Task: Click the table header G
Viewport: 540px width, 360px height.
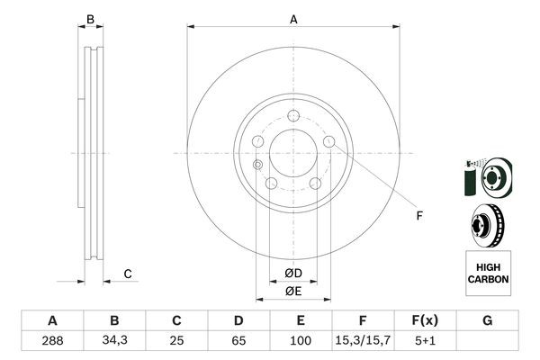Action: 487,320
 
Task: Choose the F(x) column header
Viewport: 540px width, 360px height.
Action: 425,320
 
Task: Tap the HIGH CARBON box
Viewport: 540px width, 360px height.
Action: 488,274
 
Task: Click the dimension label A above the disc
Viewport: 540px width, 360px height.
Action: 293,18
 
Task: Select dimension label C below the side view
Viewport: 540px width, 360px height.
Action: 128,273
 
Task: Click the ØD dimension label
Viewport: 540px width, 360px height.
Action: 293,273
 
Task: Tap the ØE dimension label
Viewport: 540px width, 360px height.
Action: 293,291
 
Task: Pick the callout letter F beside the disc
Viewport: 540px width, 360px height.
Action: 418,215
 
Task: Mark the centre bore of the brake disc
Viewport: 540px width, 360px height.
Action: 293,152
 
